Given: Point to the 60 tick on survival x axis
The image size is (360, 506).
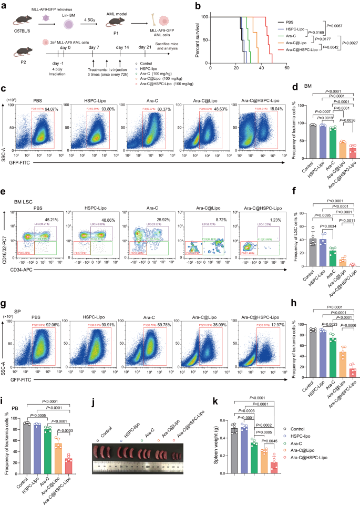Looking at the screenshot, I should [286, 68].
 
